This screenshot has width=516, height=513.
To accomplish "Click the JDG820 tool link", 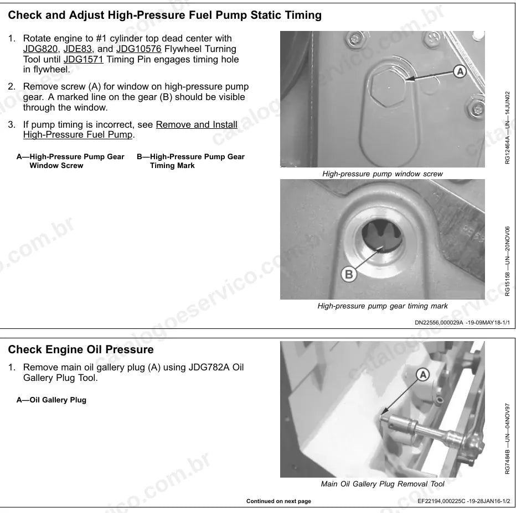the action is tap(40, 49).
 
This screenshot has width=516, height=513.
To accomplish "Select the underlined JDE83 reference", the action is tap(78, 49).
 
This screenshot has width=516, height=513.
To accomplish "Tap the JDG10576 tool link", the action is tap(138, 49).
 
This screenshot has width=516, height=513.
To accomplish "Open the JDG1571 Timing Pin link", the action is tap(83, 60).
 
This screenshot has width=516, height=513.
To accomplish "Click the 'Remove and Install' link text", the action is tap(197, 124).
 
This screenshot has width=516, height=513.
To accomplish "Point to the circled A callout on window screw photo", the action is tap(460, 71).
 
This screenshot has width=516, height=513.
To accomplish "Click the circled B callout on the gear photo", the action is tap(348, 274).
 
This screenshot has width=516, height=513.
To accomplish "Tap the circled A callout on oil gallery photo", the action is tap(423, 375).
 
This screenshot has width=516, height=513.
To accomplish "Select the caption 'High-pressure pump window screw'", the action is tap(383, 174).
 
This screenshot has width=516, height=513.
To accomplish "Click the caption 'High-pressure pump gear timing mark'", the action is tap(383, 306).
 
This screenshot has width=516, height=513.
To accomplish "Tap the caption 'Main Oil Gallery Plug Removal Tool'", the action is tap(383, 484).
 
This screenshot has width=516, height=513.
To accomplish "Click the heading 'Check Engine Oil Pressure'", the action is tap(81, 349).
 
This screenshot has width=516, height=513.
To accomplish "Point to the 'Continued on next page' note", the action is tap(278, 501).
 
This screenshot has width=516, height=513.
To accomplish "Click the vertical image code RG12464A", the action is tap(507, 146).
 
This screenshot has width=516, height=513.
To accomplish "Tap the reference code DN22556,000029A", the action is tap(438, 323).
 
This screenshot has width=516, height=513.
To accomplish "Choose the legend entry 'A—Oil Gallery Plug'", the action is tap(51, 400).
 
